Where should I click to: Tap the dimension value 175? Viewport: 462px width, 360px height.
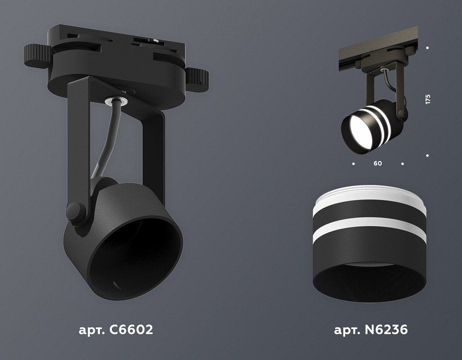(428, 99)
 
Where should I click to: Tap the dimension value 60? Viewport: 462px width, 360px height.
(378, 163)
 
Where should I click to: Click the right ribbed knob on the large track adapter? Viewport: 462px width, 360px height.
(197, 79)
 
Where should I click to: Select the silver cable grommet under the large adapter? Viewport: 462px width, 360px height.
(117, 101)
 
